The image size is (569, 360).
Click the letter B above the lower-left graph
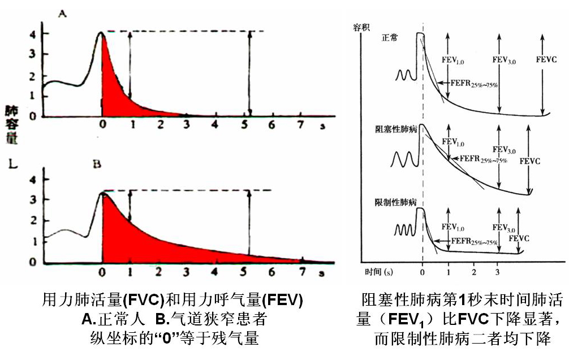96,165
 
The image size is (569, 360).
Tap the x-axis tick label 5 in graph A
244,125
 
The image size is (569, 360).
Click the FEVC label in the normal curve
545,58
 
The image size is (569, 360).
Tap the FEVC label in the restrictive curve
519,239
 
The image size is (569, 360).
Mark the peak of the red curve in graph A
101,32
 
